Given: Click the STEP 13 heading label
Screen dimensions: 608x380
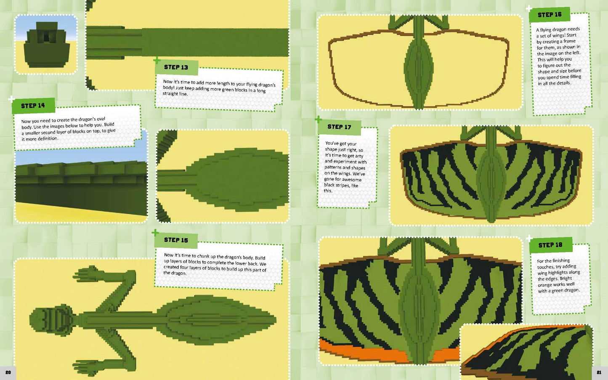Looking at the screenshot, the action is coord(176,67).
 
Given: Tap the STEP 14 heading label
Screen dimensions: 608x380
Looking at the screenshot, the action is coord(33,106).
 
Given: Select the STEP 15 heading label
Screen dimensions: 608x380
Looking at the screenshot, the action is coord(176,240).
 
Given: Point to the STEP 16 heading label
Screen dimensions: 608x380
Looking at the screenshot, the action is coord(550,15).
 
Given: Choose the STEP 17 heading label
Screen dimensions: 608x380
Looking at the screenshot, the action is coord(339,127).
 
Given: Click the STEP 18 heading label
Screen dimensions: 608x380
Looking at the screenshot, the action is coord(550,245).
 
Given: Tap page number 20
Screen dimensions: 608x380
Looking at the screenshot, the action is coord(8,372).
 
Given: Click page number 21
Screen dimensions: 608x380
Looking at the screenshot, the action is coord(599,372).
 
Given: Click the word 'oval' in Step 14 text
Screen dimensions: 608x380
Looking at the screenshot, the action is coord(101,119).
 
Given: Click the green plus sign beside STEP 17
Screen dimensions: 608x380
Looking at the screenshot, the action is coord(319,119).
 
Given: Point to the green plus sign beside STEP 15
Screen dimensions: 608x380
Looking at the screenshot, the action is coord(155,232).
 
